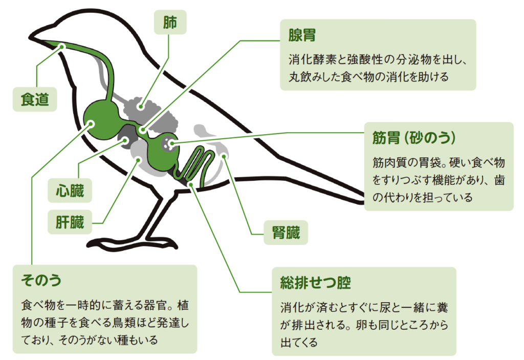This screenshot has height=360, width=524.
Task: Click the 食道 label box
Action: pyautogui.click(x=35, y=99)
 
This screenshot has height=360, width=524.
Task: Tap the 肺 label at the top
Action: pyautogui.click(x=170, y=24)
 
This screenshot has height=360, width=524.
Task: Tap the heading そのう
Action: pyautogui.click(x=41, y=280)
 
